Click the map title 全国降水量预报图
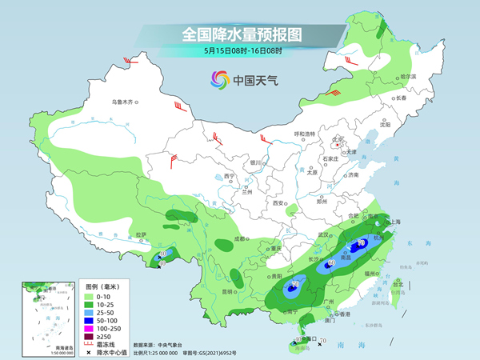pyautogui.click(x=240, y=34)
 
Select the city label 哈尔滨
pyautogui.click(x=408, y=77)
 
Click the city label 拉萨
pyautogui.click(x=142, y=234)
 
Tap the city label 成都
pyautogui.click(x=240, y=238)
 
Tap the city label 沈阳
pyautogui.click(x=386, y=124)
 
